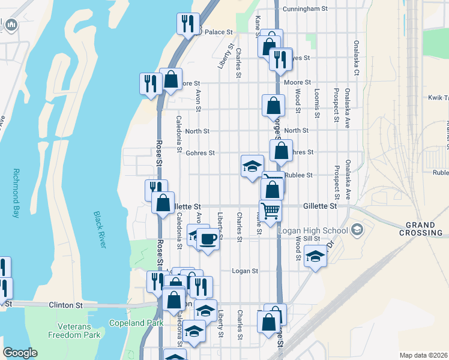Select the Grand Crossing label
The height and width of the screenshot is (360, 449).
(x=420, y=229)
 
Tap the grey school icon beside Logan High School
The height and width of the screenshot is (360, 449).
(x=357, y=229)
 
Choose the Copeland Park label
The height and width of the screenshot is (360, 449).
(x=136, y=323)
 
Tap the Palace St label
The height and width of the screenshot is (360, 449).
(x=218, y=32)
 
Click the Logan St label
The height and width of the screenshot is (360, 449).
(x=245, y=271)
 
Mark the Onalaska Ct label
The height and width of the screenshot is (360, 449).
(x=356, y=58)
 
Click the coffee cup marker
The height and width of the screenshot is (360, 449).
(x=208, y=239)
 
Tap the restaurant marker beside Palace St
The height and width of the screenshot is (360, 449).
(x=188, y=24)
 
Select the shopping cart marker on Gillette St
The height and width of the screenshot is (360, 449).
(x=271, y=211)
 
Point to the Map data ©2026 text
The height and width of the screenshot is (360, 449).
(x=423, y=355)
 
